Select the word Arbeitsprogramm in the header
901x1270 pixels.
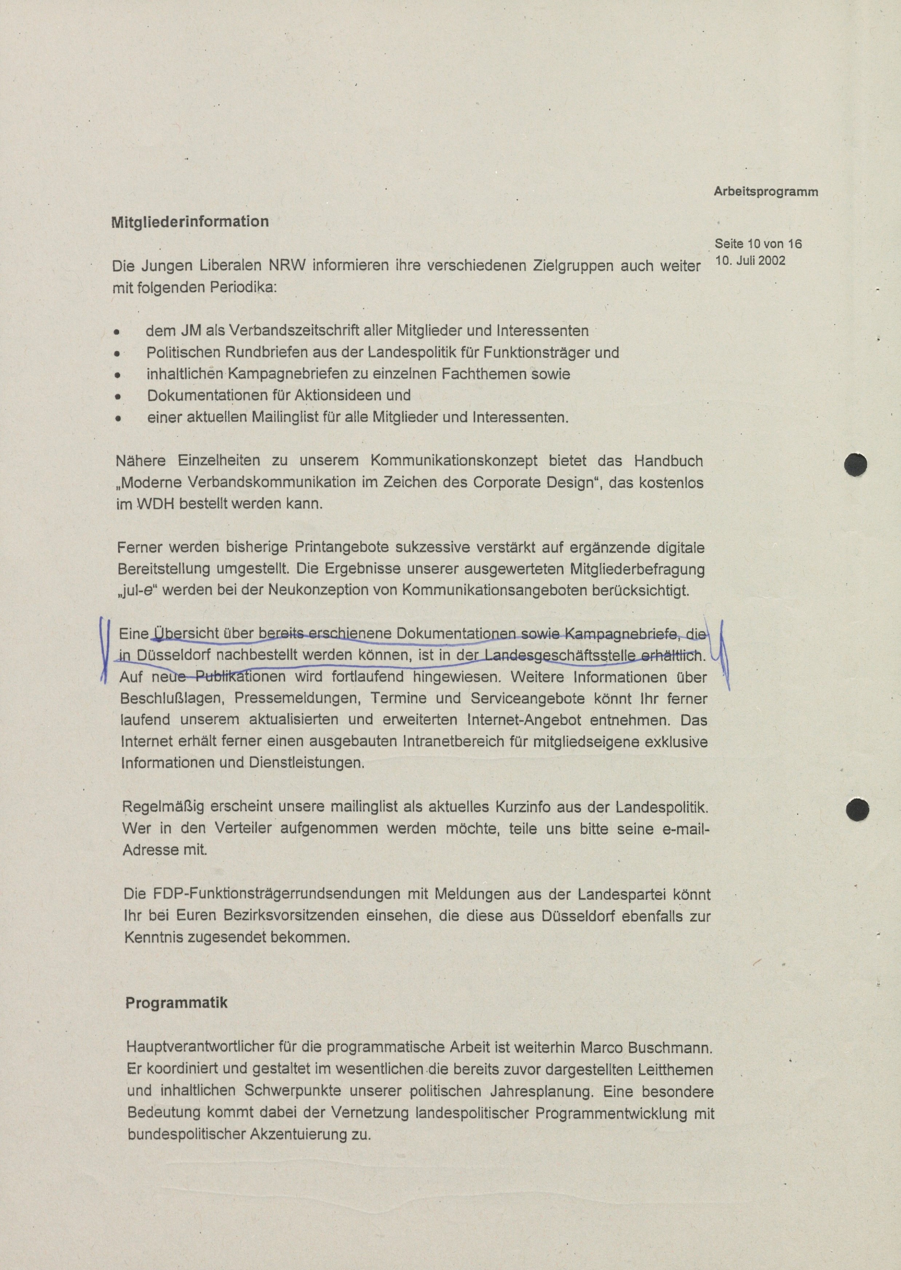pos(766,192)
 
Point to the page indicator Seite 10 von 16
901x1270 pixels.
pos(758,244)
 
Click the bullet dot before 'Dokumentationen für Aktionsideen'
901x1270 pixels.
pos(118,397)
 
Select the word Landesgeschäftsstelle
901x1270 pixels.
pos(560,656)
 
